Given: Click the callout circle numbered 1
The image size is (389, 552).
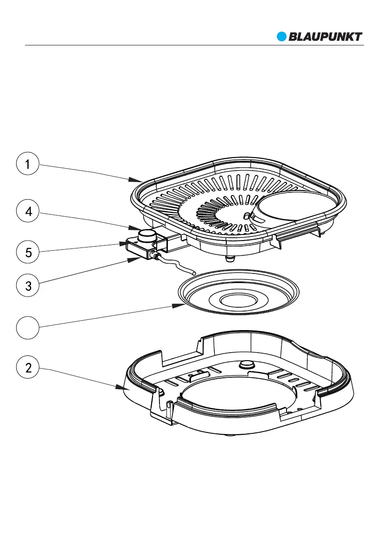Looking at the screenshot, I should tap(28, 165).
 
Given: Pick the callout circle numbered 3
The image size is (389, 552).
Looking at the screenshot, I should tap(28, 286).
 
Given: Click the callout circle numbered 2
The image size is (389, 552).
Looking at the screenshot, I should tap(28, 368).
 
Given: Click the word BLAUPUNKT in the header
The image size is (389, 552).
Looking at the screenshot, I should tap(325, 37).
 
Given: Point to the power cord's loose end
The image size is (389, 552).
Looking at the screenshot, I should tap(196, 273).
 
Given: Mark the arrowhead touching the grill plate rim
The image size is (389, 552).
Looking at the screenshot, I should tap(139, 179).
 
